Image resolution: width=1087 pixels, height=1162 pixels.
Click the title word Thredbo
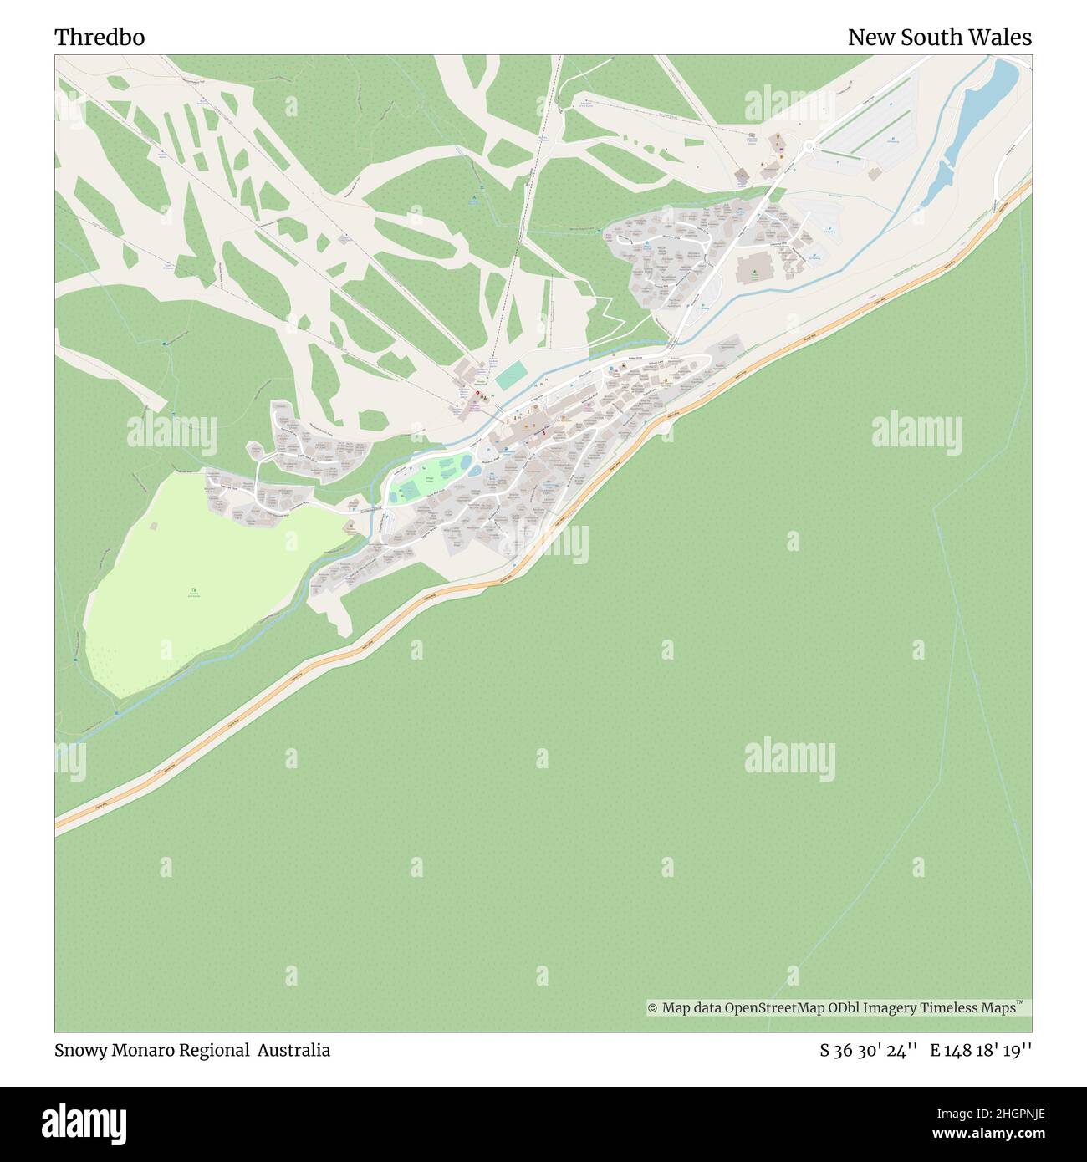coord(100,38)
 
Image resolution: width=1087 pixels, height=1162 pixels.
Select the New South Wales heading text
coord(939,38)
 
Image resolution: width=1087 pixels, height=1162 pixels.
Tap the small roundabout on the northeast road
coord(809,147)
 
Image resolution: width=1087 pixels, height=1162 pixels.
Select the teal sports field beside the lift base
coord(511,375)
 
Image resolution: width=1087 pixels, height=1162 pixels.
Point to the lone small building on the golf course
coord(153,526)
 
